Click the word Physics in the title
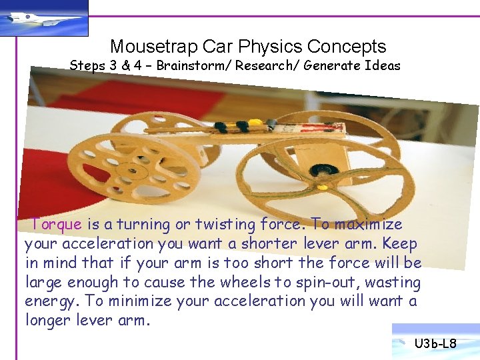270,47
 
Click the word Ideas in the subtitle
383,65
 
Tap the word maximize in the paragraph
369,225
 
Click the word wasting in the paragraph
393,282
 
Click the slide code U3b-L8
435,344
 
